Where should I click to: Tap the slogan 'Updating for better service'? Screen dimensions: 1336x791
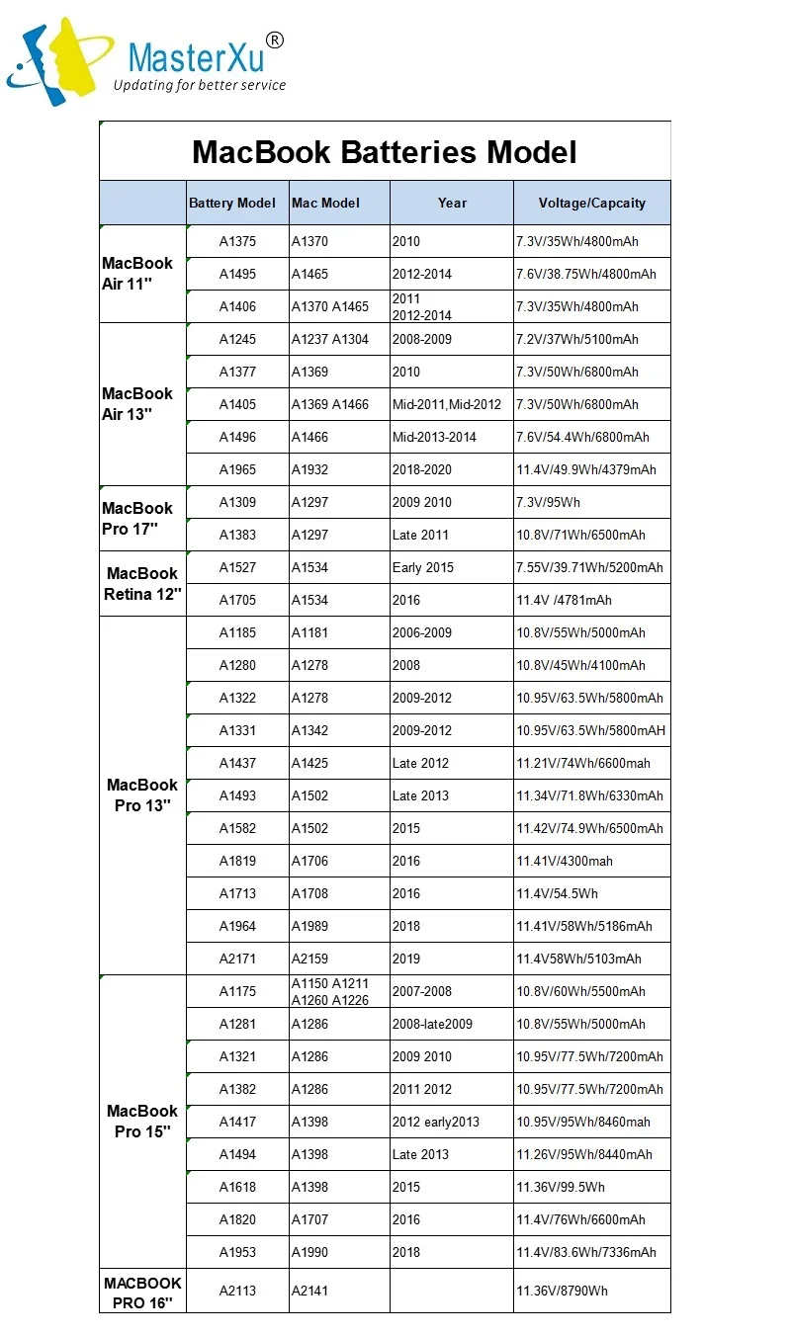[x=200, y=85]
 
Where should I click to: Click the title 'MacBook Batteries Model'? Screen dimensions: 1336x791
[x=385, y=151]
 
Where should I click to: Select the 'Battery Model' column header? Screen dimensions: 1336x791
[x=232, y=203]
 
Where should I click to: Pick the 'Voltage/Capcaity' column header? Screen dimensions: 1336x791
[x=591, y=203]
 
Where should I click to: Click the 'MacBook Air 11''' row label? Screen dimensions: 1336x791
[x=137, y=274]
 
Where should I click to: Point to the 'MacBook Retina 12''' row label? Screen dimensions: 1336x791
[x=141, y=584]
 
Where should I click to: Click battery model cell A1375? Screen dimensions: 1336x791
[x=237, y=241]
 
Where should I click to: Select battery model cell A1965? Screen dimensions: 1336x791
[x=237, y=469]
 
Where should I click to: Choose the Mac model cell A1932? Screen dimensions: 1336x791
[x=309, y=469]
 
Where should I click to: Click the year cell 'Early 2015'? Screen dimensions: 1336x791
[x=423, y=567]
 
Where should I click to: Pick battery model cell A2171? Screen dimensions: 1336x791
[x=237, y=959]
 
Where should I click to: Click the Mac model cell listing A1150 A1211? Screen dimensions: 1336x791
[x=329, y=991]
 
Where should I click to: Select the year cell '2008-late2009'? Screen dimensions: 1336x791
[x=432, y=1024]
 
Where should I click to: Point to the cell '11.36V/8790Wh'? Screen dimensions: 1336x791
[x=562, y=1291]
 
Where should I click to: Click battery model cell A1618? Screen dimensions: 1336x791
[x=237, y=1187]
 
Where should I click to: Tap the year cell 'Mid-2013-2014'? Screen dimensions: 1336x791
[x=434, y=437]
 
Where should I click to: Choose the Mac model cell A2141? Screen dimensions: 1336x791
[x=309, y=1291]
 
